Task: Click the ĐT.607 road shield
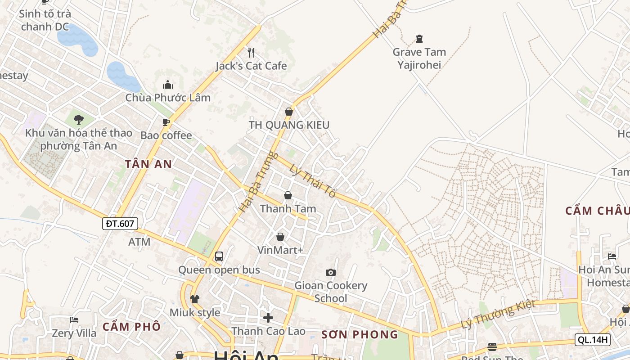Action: coord(120,223)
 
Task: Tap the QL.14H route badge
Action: coord(592,340)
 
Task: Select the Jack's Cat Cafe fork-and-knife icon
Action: coord(251,53)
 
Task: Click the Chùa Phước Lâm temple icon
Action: coord(168,84)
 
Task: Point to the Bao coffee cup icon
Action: coord(166,122)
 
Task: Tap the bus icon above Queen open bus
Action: coord(219,256)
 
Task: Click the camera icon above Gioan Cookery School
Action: coord(331,272)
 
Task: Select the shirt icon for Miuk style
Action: coord(194,299)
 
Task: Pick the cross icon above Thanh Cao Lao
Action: coord(268,318)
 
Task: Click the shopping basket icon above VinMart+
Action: coord(280,237)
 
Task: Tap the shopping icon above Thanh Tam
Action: coord(288,195)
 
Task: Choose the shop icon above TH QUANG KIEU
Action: coord(289,112)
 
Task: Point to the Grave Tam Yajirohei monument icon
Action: coord(419,39)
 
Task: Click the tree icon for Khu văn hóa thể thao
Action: coord(79,120)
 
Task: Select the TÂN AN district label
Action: coord(148,164)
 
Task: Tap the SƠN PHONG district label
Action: coord(360,335)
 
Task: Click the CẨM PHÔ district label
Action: coord(131,327)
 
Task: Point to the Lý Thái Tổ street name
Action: coord(313,181)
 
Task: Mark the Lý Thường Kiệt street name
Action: coord(498,314)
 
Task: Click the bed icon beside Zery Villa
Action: coord(74,320)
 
